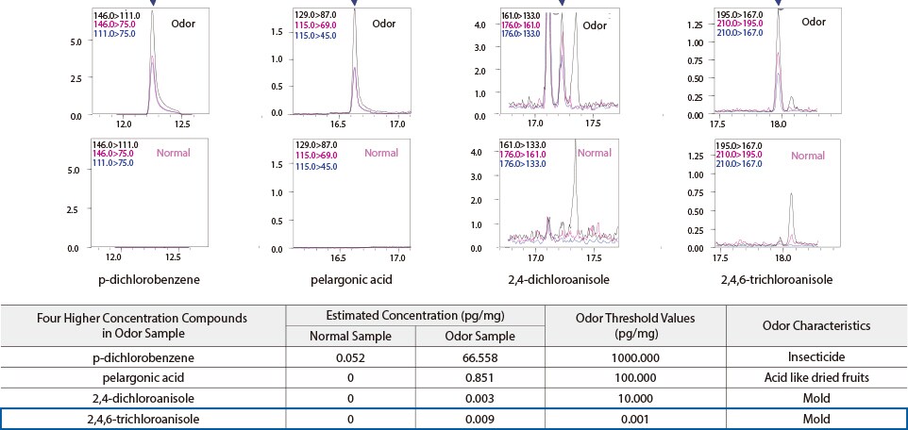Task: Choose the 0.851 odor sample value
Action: [479, 378]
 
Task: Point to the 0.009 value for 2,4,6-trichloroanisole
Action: [479, 416]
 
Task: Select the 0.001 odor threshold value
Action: [635, 416]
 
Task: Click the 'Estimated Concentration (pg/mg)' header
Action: [415, 317]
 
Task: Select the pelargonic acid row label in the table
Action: [143, 378]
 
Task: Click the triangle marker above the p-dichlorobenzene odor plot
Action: [152, 5]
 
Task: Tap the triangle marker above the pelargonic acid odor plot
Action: [354, 5]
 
